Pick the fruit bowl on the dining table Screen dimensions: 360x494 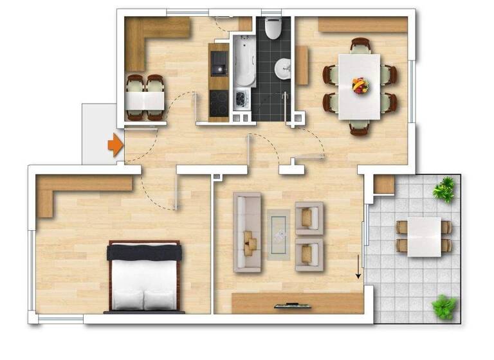click(x=360, y=85)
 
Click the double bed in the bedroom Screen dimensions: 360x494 click(x=144, y=276)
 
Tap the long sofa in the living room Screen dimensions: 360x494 click(x=248, y=231)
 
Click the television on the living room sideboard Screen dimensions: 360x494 click(x=288, y=305)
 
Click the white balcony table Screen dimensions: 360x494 click(x=424, y=237)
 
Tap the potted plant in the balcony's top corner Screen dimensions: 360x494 click(x=444, y=190)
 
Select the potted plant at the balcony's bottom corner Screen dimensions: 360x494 click(x=444, y=306)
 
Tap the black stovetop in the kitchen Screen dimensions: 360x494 click(x=219, y=103)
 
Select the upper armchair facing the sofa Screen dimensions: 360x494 click(x=309, y=216)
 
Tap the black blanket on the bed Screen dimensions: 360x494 click(x=144, y=253)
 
